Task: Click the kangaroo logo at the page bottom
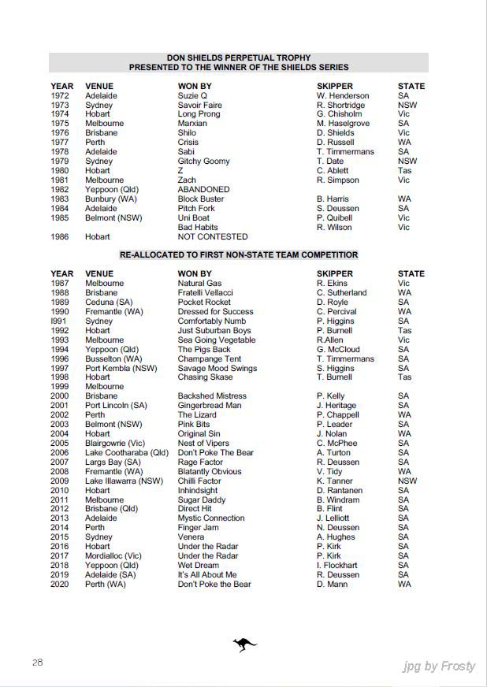point(244,645)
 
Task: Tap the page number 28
point(37,662)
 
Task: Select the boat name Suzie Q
point(192,95)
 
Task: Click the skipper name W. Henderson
point(343,95)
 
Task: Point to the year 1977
point(60,143)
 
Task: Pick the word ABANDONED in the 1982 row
point(203,190)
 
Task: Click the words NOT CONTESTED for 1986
point(213,236)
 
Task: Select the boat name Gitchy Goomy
point(203,162)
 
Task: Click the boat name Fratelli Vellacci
point(205,293)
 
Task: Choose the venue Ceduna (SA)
point(109,303)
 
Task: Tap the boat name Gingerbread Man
point(210,406)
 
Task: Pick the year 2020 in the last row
point(60,584)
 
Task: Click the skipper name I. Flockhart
point(337,566)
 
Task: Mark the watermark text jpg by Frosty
point(439,667)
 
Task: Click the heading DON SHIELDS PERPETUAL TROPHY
point(239,58)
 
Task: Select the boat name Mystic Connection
point(211,518)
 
